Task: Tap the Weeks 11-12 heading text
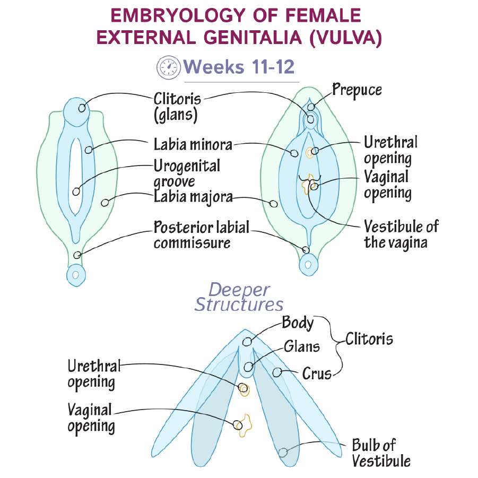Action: click(x=238, y=67)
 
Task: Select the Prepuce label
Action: click(x=357, y=90)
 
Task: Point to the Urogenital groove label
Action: click(x=187, y=173)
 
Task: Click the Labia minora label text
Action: click(x=193, y=144)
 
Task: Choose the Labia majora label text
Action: click(x=193, y=197)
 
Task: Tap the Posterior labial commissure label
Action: click(x=201, y=235)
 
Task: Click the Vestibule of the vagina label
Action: click(x=401, y=234)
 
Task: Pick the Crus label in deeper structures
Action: click(x=317, y=373)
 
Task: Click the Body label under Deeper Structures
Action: click(x=298, y=322)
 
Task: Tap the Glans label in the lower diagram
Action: click(x=302, y=347)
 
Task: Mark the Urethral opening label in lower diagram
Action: click(x=94, y=374)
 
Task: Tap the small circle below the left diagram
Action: click(x=76, y=275)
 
